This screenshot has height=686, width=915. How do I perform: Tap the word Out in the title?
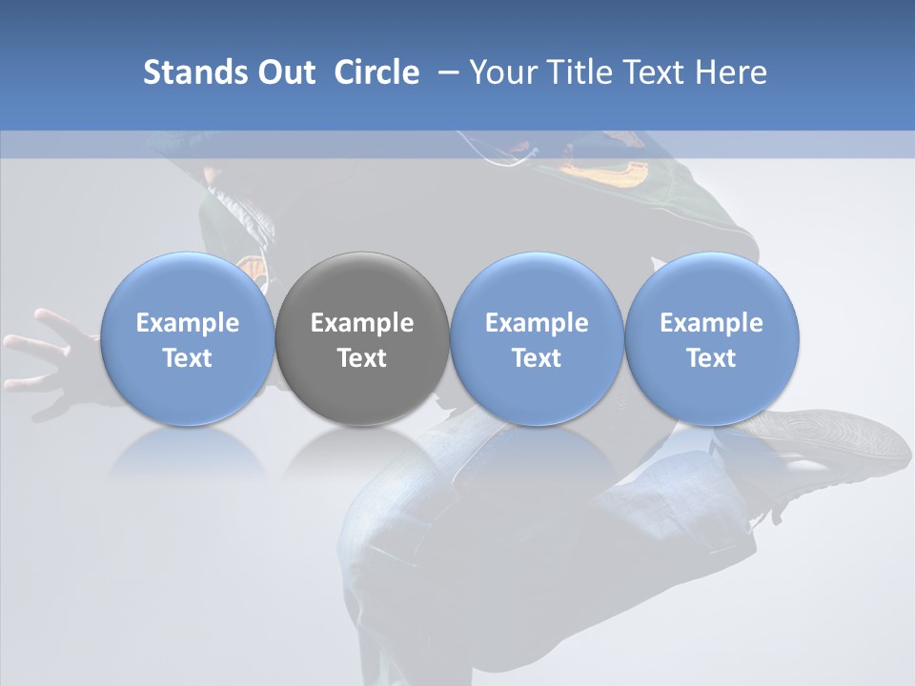pos(283,72)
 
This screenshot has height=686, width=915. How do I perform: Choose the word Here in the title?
pos(733,72)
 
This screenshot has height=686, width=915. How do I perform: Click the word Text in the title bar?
pos(657,72)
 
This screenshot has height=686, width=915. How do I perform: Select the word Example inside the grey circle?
pos(362,323)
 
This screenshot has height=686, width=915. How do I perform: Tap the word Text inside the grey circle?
pos(362,358)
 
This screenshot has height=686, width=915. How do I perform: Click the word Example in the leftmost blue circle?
pos(188,323)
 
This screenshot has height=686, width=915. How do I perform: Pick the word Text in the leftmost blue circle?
pos(188,358)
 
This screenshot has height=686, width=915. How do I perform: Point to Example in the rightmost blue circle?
pos(711,323)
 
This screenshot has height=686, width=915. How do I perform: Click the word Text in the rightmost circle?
pos(711,358)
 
